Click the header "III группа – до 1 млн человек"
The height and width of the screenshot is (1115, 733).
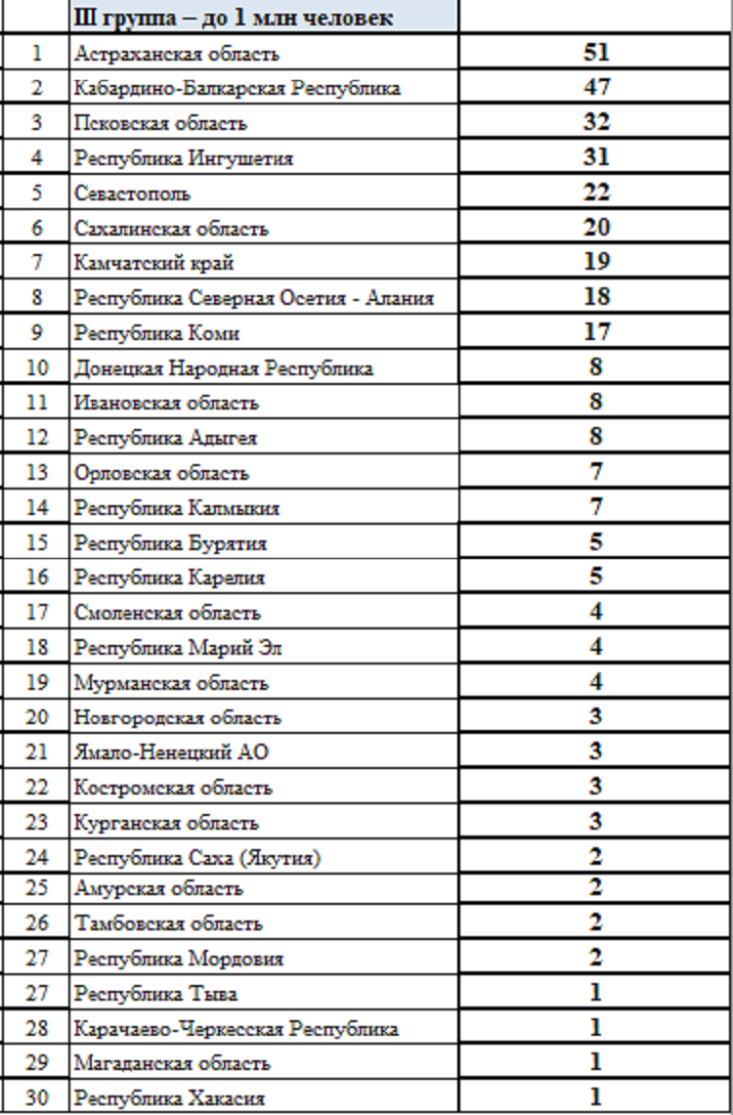click(x=234, y=18)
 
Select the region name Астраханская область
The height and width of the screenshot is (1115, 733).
click(x=176, y=54)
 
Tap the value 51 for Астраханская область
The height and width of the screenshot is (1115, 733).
click(x=596, y=53)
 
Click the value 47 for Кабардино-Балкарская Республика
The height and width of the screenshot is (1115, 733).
click(x=596, y=88)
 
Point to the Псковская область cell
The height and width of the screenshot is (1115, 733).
click(x=160, y=123)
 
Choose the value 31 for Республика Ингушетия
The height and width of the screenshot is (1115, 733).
click(x=596, y=157)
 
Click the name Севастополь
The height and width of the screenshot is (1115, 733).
click(x=132, y=193)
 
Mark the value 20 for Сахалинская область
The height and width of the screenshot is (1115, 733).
click(x=596, y=228)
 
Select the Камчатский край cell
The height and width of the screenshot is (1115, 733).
click(x=153, y=263)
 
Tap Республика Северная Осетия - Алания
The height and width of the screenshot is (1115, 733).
click(x=253, y=298)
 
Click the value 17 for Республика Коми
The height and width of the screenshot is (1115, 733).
click(x=596, y=332)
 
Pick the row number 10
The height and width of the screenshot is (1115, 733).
click(x=36, y=368)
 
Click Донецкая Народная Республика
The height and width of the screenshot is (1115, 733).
click(x=223, y=368)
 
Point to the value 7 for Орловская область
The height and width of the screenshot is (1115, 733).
click(x=596, y=472)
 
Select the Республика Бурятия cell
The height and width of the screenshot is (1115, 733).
click(x=170, y=542)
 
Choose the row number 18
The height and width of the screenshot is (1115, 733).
click(x=36, y=647)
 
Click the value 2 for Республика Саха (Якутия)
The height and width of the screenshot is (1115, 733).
click(x=596, y=857)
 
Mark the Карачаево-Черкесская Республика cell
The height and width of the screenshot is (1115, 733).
click(x=236, y=1028)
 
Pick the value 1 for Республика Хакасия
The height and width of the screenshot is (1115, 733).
click(x=596, y=1096)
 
